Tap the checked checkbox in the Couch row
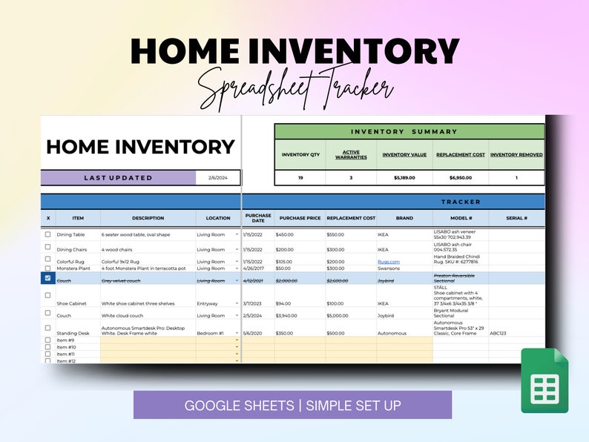coord(48,278)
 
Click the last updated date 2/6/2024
coord(218,178)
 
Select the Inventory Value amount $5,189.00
coord(404,178)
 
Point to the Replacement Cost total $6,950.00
coord(461,178)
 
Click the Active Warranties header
coord(351,155)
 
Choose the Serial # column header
coord(516,219)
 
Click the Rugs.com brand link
coord(389,262)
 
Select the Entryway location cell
coord(208,303)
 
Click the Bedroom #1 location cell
coord(210,333)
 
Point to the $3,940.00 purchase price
coord(289,314)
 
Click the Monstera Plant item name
coord(73,268)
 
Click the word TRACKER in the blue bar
coord(461,202)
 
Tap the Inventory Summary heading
coord(404,131)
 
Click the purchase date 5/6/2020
coord(251,333)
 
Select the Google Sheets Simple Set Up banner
coord(292,405)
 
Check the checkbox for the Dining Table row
coord(48,234)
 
